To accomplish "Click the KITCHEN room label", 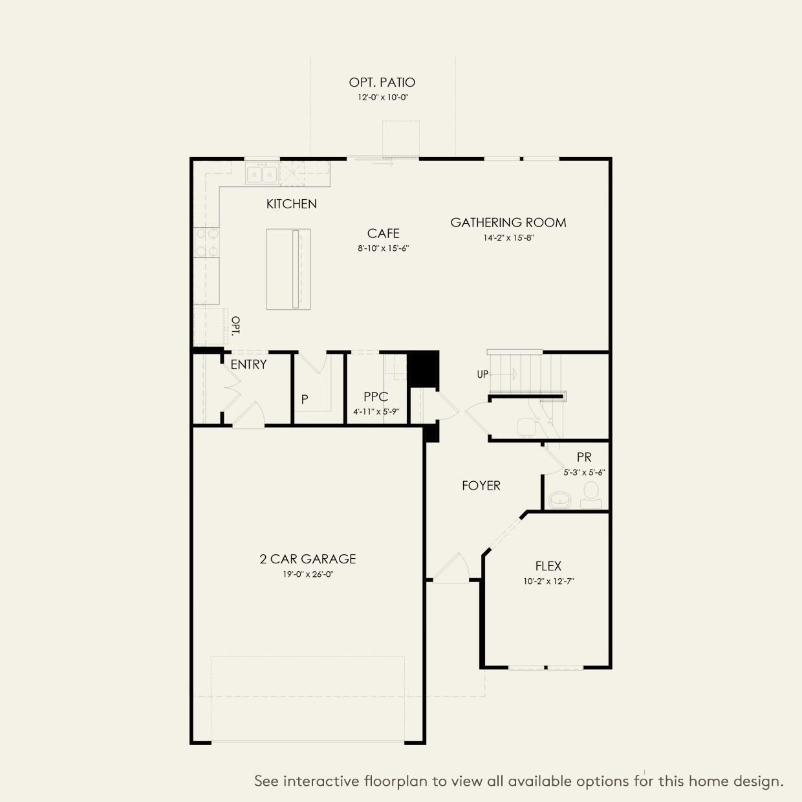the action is (x=291, y=204).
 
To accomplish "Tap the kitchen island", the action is (x=288, y=269).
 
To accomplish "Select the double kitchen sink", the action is (x=262, y=173).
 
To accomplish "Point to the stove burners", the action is (x=207, y=243).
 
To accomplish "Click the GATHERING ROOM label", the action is (x=508, y=222).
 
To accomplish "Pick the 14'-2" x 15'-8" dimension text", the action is (x=508, y=238).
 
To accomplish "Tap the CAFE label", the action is (x=383, y=233).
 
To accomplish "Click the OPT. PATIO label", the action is (x=382, y=82).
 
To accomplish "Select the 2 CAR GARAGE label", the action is (x=308, y=559).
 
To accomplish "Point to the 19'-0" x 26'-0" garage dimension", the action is (x=308, y=574).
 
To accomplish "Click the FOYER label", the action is (x=481, y=486).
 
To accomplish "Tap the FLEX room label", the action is (x=548, y=566).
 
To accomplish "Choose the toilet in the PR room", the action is (x=591, y=495).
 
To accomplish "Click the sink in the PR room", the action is (x=559, y=500).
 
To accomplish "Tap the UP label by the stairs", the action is (x=482, y=374).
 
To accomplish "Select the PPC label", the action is (x=375, y=396).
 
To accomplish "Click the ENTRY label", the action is (x=248, y=365).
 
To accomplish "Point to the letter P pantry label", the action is (x=305, y=400).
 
